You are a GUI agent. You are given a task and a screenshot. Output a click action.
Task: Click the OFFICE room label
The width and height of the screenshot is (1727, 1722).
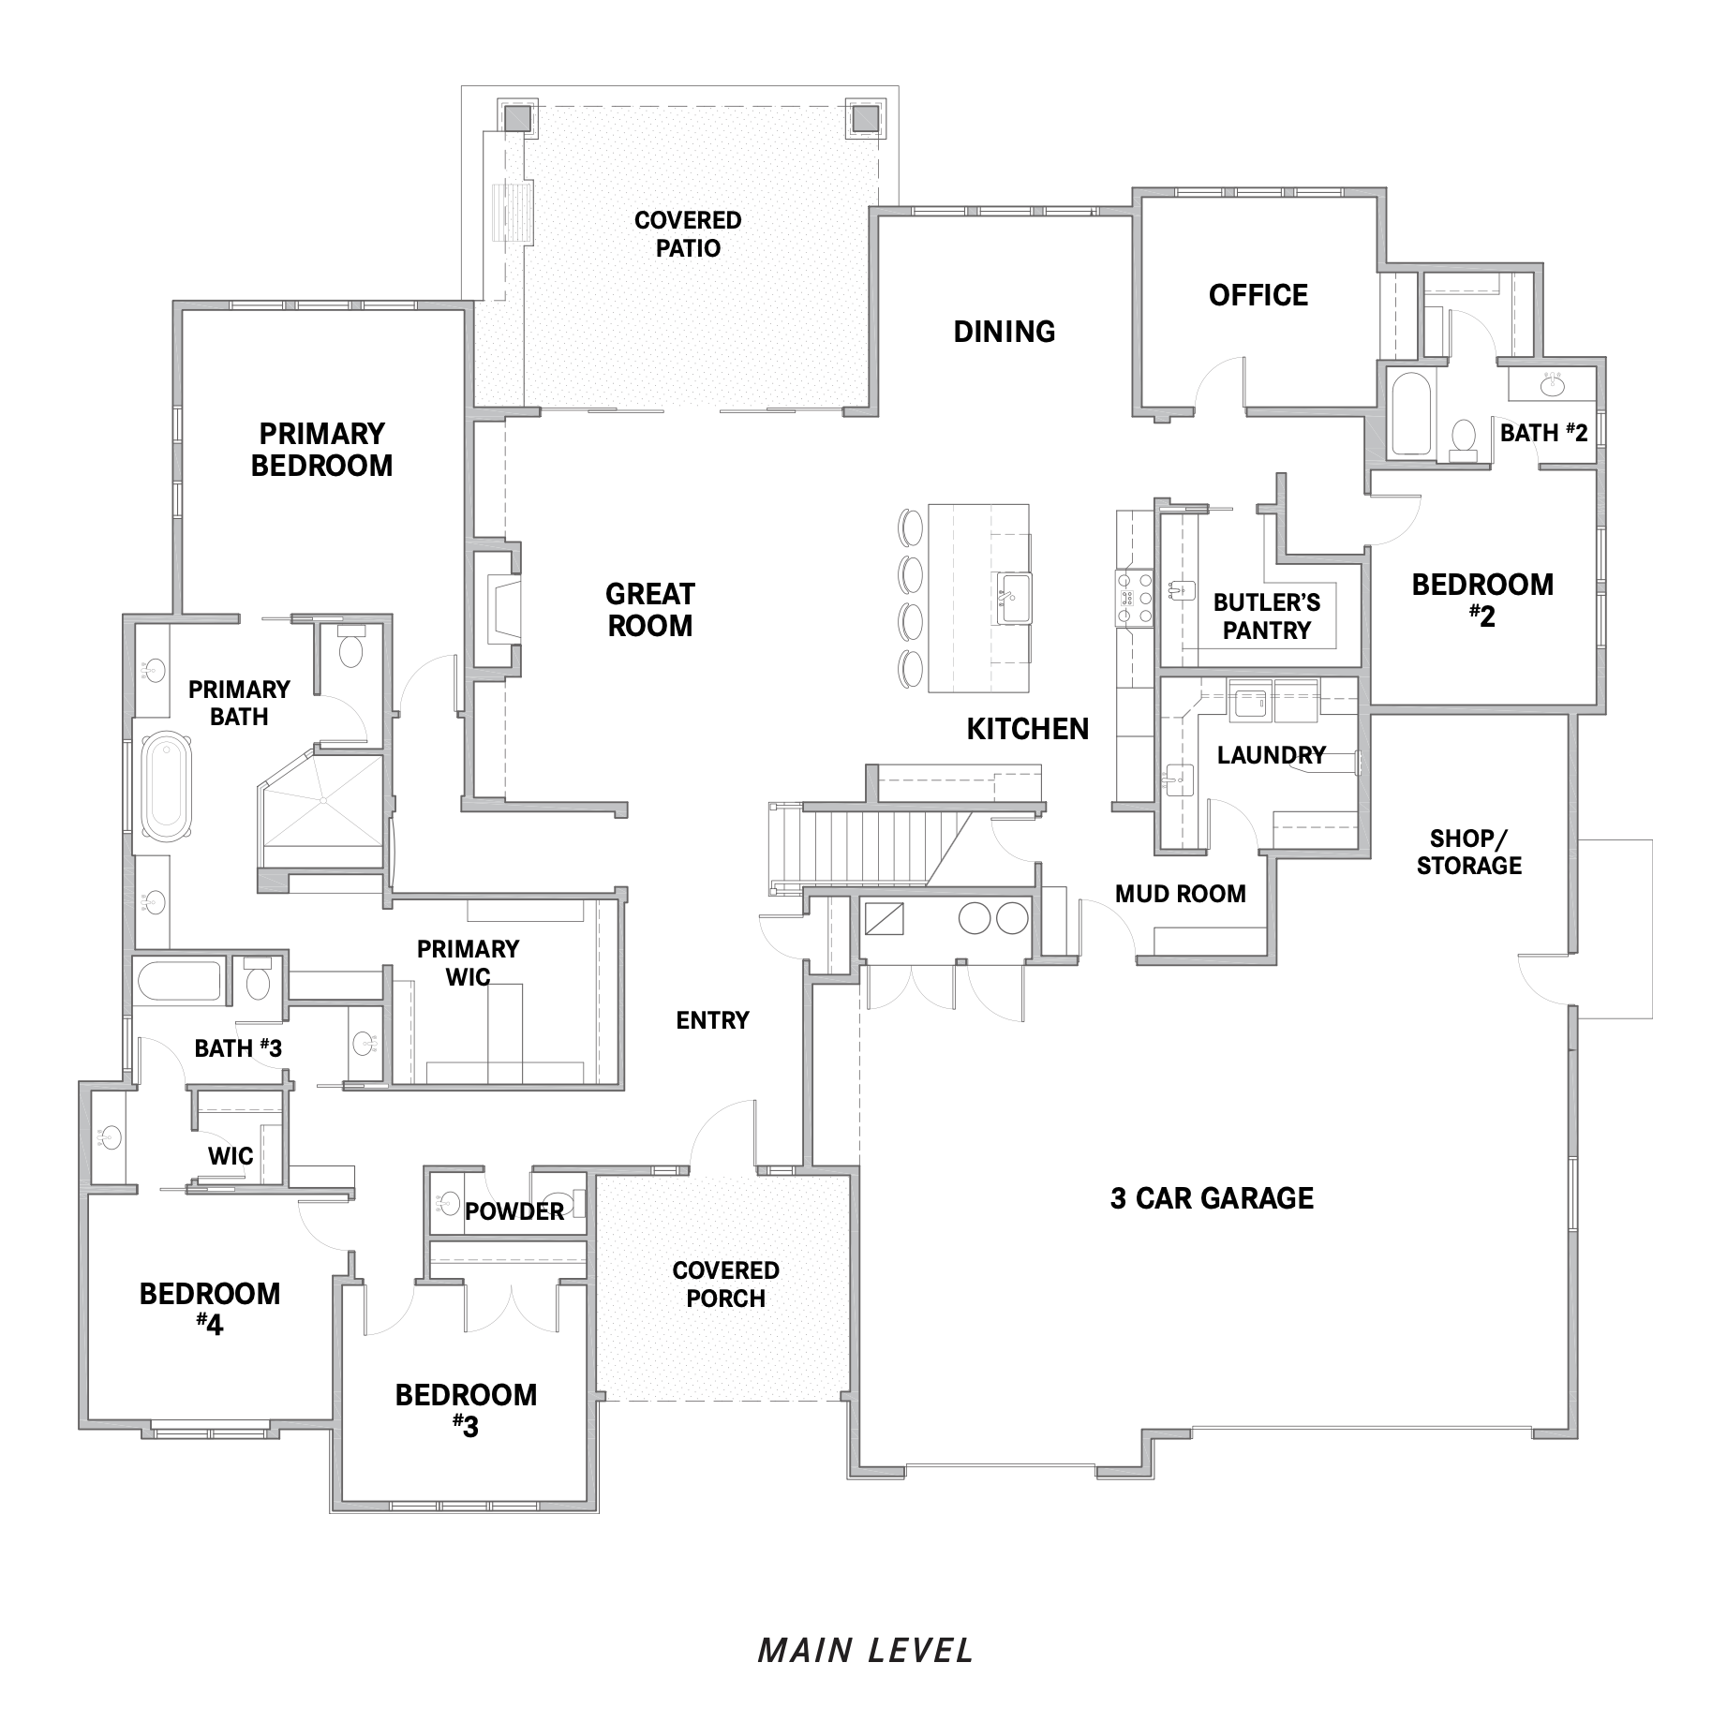click(1258, 295)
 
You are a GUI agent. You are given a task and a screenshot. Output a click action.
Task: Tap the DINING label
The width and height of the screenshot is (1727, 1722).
click(1004, 332)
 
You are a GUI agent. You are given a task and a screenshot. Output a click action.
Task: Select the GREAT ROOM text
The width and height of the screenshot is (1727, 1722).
click(649, 610)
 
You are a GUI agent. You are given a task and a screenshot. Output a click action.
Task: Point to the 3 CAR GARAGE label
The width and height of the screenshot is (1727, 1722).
click(1212, 1198)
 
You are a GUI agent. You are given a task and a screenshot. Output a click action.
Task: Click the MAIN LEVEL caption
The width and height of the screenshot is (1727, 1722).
click(866, 1650)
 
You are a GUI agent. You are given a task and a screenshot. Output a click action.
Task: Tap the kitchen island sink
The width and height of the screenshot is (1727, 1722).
click(1013, 597)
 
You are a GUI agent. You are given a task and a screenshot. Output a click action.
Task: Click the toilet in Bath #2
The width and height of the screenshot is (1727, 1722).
click(1462, 438)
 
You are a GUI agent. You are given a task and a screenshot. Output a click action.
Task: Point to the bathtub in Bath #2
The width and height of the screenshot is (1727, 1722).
click(1407, 414)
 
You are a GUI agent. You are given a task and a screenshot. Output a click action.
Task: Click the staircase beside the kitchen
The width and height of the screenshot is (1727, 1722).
click(867, 845)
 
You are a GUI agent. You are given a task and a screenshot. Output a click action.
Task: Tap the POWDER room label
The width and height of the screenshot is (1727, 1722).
click(514, 1211)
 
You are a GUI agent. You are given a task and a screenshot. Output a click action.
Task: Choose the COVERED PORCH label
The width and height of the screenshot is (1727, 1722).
click(725, 1284)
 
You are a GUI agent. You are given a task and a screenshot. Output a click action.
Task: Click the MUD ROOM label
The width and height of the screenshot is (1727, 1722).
click(1180, 894)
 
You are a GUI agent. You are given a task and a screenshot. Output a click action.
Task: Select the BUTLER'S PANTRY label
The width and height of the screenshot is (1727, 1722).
click(1266, 616)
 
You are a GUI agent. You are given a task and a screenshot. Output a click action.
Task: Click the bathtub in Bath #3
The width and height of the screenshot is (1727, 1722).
click(179, 981)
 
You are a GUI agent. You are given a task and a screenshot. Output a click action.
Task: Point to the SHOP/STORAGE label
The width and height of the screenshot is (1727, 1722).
click(1468, 852)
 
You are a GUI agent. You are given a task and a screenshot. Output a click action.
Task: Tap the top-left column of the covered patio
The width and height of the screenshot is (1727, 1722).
click(517, 117)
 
